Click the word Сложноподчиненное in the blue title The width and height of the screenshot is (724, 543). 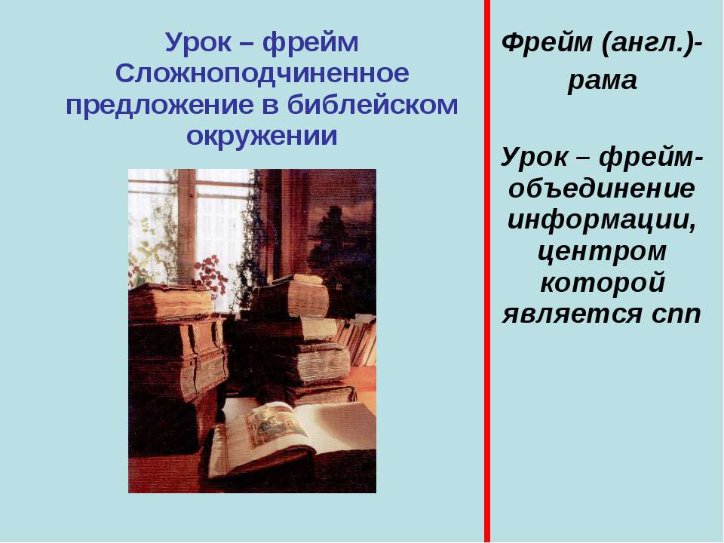click(262, 73)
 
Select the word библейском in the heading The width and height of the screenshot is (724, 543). click(373, 105)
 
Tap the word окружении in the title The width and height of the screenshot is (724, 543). click(262, 136)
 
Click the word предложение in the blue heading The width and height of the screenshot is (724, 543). click(159, 106)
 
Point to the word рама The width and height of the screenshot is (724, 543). click(602, 81)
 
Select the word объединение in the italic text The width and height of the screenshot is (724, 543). click(602, 189)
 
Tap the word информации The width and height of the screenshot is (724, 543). click(602, 220)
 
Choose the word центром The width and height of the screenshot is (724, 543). click(602, 252)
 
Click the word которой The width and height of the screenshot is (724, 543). click(602, 283)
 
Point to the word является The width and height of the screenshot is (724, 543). click(572, 314)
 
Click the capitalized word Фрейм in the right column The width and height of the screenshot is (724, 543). click(547, 42)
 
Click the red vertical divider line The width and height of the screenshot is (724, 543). click(487, 271)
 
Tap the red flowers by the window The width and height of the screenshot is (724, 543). click(211, 275)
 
